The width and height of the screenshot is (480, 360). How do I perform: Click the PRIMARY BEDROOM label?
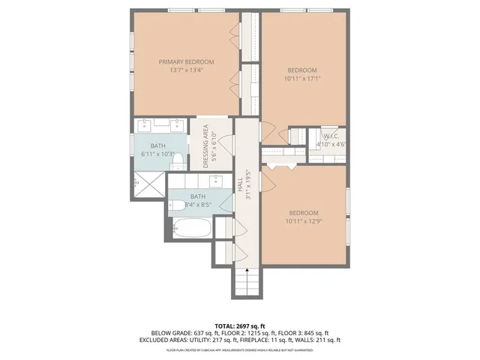(186, 61)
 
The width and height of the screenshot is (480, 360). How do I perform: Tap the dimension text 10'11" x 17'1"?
(302, 78)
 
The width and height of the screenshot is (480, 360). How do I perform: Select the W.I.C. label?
(330, 136)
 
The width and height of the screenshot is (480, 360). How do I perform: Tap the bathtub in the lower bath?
(190, 229)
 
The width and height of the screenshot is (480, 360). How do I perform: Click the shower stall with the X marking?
(148, 182)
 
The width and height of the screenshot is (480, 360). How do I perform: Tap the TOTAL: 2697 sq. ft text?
(239, 324)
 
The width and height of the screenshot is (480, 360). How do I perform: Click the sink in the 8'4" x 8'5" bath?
(217, 180)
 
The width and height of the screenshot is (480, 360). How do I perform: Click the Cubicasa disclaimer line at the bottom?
(239, 349)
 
